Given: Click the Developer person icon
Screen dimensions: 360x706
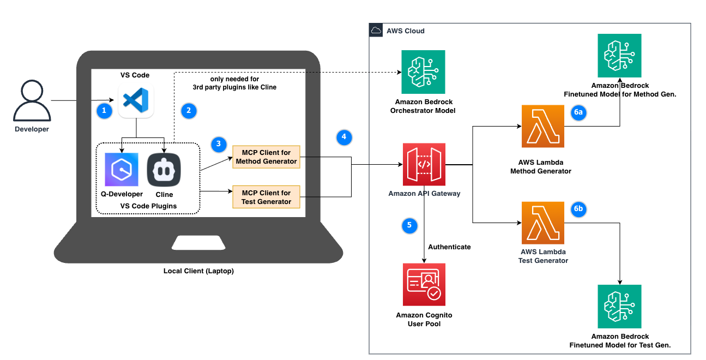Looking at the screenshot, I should point(31,100).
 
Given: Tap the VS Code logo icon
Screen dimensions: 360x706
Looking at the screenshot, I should point(136,100).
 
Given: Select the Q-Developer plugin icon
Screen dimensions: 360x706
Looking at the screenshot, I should point(122,170).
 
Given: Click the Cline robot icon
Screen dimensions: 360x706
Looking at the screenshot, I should point(164,170).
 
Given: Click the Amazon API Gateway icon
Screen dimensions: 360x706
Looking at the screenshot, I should point(424,164).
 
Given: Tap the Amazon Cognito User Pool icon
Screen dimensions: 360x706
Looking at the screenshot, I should point(424,284).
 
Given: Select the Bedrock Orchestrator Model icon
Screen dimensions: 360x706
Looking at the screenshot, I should point(423,72).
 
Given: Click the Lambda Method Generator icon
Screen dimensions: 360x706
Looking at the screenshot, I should point(543,127).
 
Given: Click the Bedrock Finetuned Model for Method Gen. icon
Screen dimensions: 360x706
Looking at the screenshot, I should point(619,56).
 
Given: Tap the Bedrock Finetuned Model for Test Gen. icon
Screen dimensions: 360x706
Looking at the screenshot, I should point(619,306).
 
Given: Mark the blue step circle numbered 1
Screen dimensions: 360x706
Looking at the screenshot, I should point(104,111).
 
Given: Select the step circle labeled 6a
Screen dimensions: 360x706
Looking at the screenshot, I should point(578,112).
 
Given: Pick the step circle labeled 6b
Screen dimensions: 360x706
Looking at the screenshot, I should point(578,209).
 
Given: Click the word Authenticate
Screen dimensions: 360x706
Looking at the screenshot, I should point(449,247).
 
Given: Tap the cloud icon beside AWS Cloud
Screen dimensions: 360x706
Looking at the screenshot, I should point(376,31).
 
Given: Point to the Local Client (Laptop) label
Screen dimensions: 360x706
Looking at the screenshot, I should point(198,271).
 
